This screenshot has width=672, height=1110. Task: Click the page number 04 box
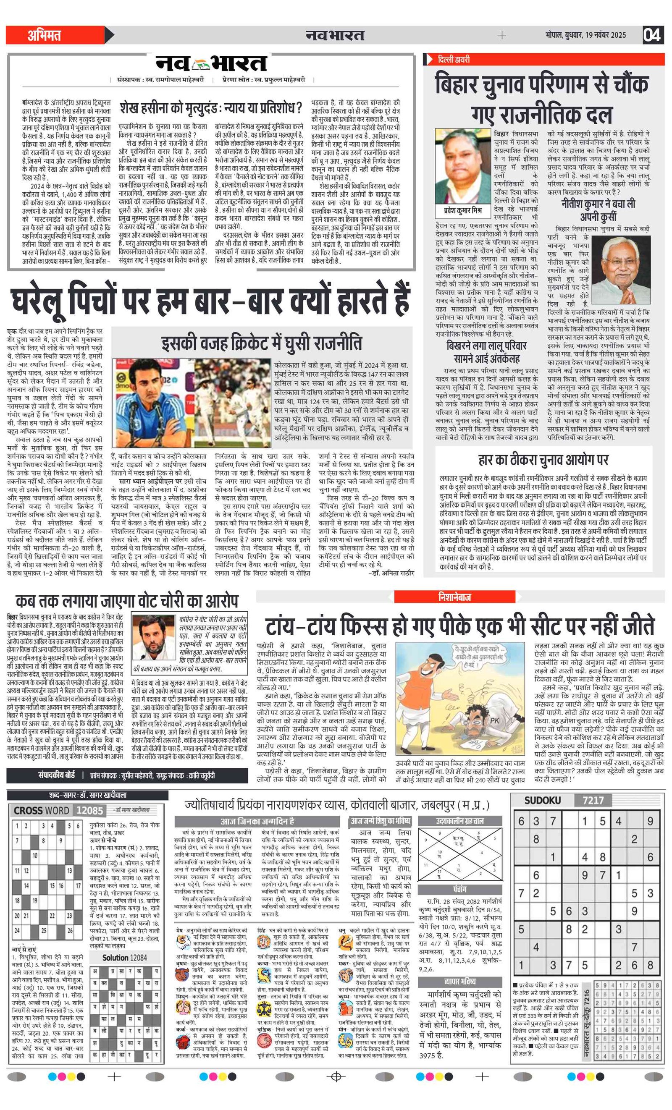pyautogui.click(x=652, y=35)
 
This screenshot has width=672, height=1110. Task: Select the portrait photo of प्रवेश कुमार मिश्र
pyautogui.click(x=462, y=166)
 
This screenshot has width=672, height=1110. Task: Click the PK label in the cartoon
pyautogui.click(x=494, y=720)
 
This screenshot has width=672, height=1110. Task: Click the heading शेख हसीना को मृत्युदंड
pyautogui.click(x=210, y=108)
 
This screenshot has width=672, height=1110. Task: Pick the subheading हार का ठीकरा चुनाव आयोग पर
pyautogui.click(x=543, y=460)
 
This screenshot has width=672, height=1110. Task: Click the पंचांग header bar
pyautogui.click(x=460, y=889)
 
